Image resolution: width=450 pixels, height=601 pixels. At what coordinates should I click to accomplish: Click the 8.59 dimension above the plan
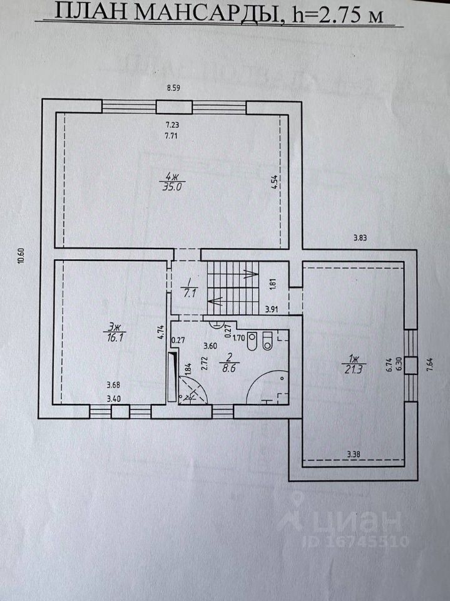tap(173, 88)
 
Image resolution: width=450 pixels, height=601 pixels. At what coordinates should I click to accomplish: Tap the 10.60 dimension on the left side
tap(21, 255)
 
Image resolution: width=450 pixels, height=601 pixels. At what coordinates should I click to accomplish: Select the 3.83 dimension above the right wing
tap(360, 238)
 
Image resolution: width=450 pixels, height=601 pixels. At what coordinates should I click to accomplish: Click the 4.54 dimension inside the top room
tap(274, 182)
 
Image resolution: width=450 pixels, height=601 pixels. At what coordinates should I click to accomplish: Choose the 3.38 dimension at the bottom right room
tap(354, 455)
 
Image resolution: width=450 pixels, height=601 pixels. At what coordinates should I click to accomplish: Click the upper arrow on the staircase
tap(250, 274)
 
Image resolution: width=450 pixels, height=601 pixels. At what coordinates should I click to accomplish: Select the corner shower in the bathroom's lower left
tap(192, 389)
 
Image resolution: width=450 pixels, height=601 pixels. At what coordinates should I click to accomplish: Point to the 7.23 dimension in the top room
tap(172, 125)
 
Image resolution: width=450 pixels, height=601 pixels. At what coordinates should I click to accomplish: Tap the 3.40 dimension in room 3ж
tap(114, 399)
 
